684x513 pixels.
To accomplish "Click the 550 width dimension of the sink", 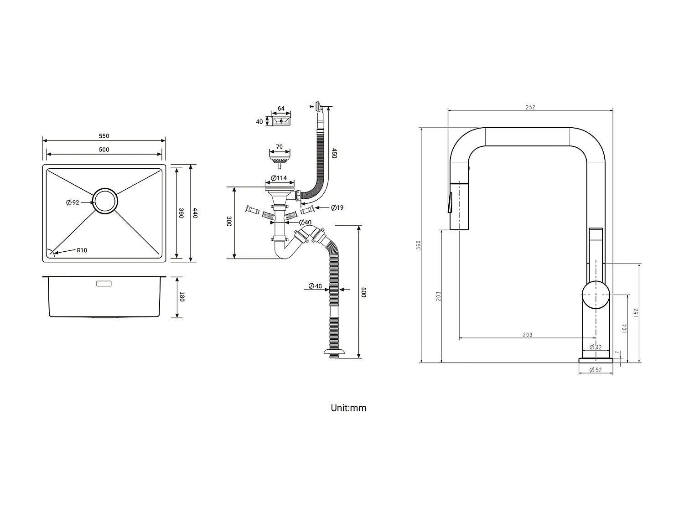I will [104, 136].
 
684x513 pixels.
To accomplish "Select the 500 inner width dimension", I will [104, 150].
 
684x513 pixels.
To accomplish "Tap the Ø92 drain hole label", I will [73, 202].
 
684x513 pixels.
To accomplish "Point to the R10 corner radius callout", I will [82, 250].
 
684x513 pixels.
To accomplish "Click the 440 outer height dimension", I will [195, 213].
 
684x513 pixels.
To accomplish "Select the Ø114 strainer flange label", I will [279, 178].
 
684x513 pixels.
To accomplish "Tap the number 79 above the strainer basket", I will [279, 147].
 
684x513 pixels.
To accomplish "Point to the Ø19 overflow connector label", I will [337, 208].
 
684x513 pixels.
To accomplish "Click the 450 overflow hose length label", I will [334, 153].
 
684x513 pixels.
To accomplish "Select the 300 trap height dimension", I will [229, 222].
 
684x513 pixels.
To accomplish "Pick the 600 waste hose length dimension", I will [364, 292].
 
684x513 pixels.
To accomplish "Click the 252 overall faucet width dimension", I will [530, 108].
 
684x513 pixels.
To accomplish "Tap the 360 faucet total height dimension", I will [418, 245].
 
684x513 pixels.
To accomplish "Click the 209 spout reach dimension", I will [527, 335].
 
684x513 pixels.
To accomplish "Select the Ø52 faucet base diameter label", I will [596, 370].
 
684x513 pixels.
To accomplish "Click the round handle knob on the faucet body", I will [596, 295].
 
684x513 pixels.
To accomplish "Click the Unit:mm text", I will [348, 408].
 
